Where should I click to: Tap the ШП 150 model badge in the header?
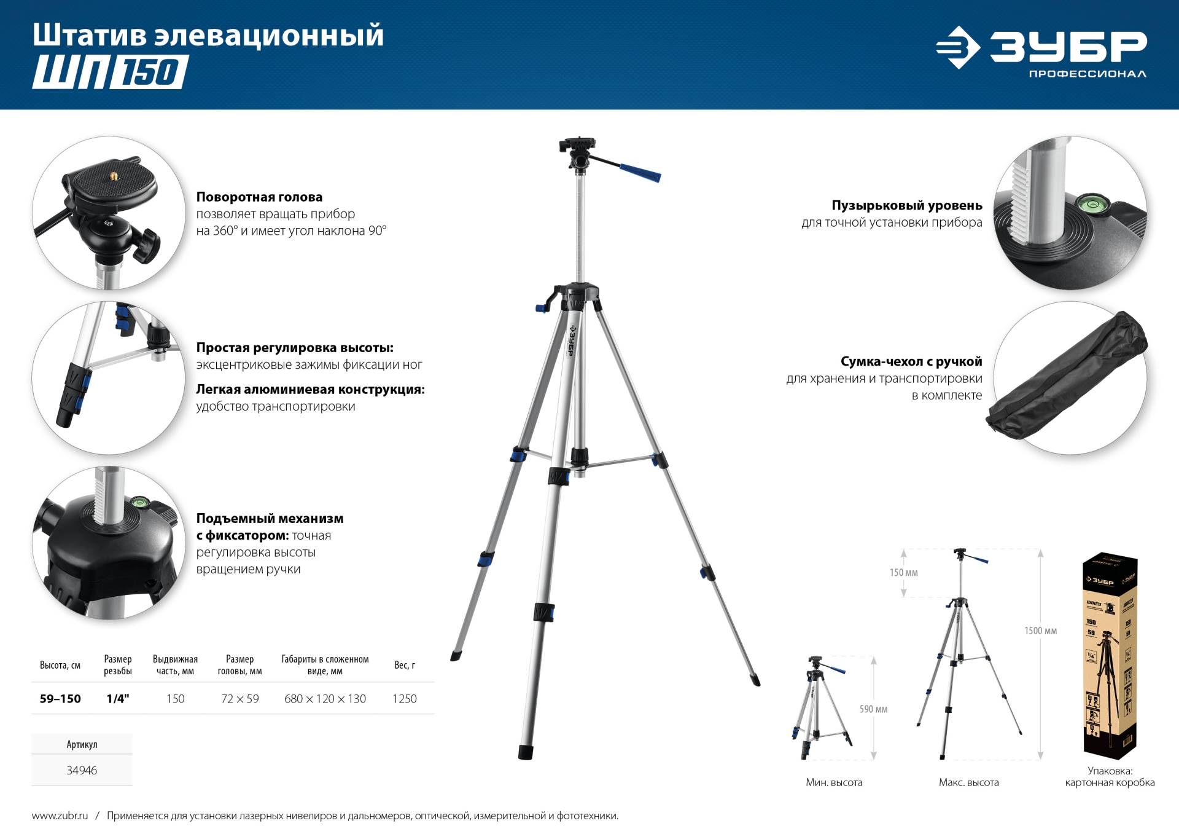pos(111,72)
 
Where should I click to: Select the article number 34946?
pos(82,770)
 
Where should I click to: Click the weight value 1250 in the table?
pos(404,699)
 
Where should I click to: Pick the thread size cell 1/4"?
pos(118,699)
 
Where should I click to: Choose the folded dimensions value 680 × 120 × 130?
pos(325,699)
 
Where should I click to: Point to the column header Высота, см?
pos(60,665)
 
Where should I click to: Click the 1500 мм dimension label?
pos(1040,631)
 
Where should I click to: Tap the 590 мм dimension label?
pos(873,709)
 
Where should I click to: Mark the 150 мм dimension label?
pos(903,573)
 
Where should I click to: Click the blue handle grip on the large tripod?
pos(640,173)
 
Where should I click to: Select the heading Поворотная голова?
pos(259,197)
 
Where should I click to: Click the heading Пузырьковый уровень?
pos(906,205)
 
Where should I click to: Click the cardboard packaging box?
pos(1110,655)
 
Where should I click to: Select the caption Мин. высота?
pos(834,782)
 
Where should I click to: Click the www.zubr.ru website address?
pos(60,816)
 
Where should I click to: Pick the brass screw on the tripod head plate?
pos(114,176)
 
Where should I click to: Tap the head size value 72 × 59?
pos(239,699)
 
